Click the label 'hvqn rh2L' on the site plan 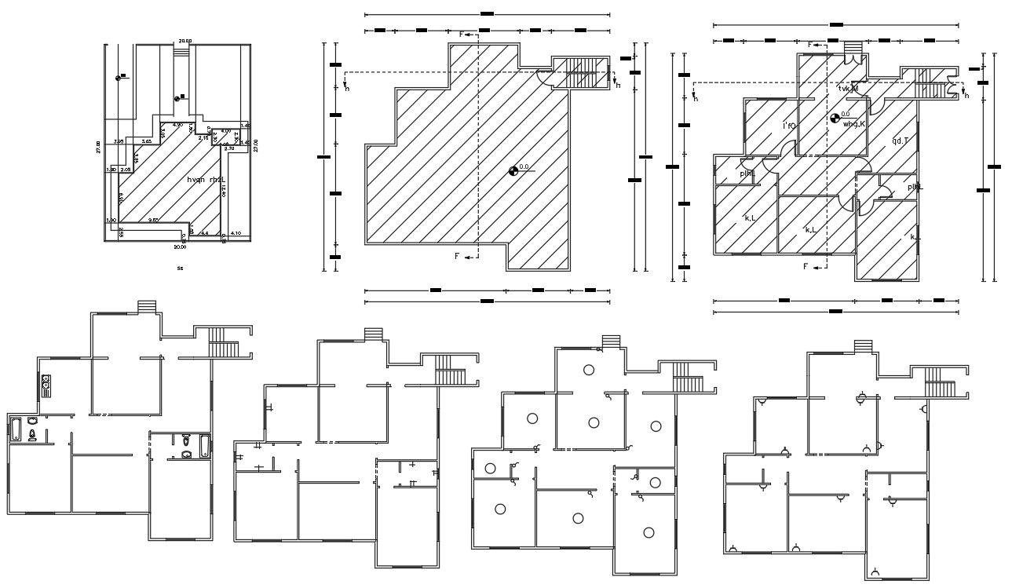206,180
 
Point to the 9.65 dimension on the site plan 154,221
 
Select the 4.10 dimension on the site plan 236,233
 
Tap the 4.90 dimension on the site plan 177,125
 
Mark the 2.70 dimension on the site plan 229,148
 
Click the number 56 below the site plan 180,268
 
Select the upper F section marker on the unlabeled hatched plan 467,35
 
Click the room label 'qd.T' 900,141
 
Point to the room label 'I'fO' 789,125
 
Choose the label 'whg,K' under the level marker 853,123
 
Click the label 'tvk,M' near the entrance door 849,89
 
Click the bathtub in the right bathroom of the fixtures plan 206,446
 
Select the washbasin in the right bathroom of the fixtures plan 187,455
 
